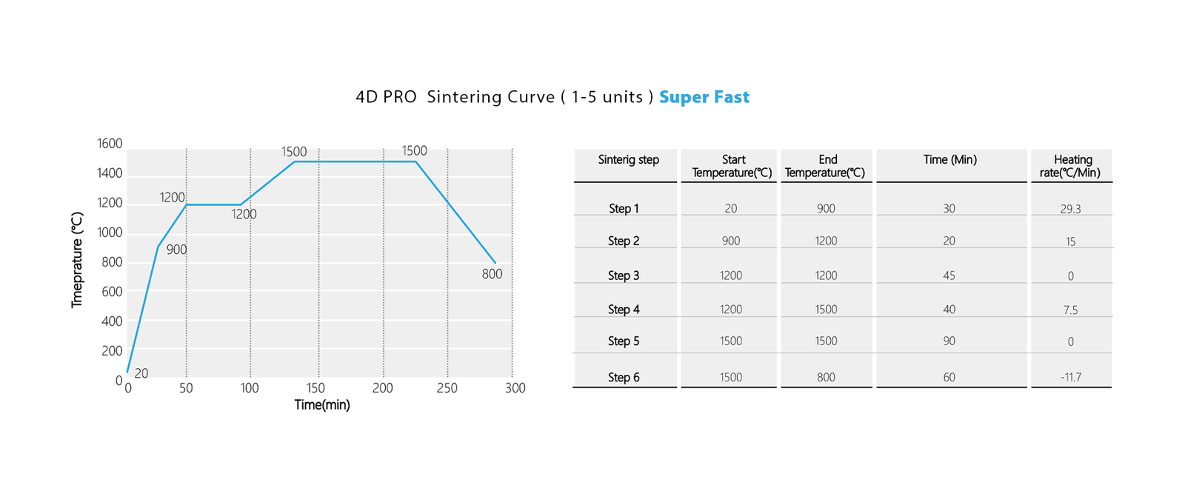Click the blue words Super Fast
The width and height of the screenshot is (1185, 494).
point(704,97)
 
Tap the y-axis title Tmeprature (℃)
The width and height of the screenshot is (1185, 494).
point(77,260)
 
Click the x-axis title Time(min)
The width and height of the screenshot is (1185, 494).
point(322,404)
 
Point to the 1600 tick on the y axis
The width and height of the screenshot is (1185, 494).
point(110,144)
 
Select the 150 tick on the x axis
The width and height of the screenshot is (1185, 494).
point(316,388)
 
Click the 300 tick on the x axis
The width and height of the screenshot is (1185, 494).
point(515,388)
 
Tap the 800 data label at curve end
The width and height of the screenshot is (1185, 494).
point(492,274)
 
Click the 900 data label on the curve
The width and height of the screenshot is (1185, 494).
point(176,250)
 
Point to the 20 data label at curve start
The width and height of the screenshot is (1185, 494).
point(141,373)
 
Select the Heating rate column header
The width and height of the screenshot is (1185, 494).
point(1072,166)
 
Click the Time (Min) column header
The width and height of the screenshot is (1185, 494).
point(950,159)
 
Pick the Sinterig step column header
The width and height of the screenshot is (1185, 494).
point(628,159)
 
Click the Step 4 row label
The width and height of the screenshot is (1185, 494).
point(624,310)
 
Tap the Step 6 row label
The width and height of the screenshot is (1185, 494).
point(624,377)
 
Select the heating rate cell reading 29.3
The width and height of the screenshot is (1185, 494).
point(1070,209)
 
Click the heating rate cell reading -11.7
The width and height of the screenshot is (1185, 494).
point(1070,377)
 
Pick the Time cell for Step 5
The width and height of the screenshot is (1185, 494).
point(949,341)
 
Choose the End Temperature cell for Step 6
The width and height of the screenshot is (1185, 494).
point(826,377)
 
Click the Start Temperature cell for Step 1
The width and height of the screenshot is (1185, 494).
point(731,209)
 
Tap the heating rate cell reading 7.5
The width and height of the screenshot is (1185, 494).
point(1070,310)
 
